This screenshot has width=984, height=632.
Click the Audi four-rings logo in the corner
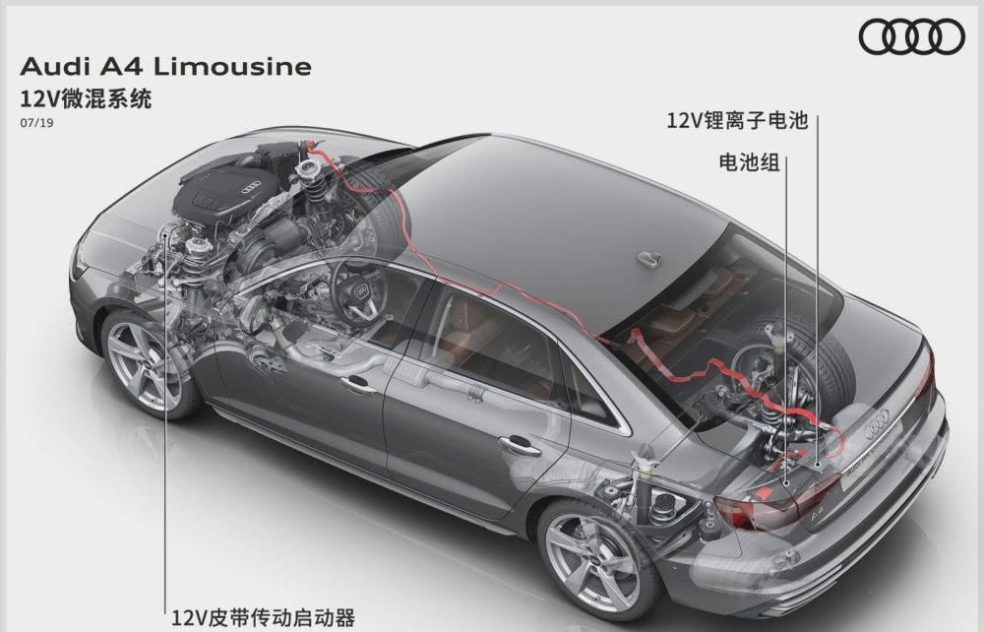[911, 36]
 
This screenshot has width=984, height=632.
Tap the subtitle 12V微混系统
[86, 99]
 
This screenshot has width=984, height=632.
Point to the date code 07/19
[37, 123]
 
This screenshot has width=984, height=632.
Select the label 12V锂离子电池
[737, 120]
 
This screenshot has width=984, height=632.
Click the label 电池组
[749, 163]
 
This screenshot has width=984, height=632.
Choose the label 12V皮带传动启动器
[264, 618]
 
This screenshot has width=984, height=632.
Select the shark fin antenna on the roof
[648, 258]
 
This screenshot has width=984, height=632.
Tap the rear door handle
[519, 445]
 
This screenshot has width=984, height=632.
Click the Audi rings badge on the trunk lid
[877, 423]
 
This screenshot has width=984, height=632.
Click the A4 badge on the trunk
[816, 515]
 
